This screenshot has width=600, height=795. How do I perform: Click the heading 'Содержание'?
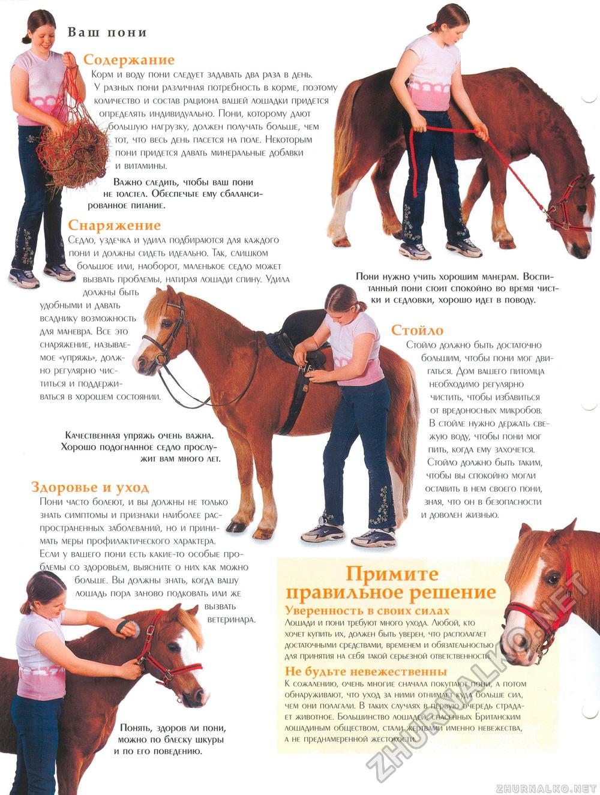pos(129,59)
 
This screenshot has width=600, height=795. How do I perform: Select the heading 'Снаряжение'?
pos(114,225)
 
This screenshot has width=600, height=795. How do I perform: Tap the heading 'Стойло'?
pos(417,330)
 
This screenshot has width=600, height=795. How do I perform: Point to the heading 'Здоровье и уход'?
pos(90,487)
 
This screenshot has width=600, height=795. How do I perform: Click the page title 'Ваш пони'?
pos(107,32)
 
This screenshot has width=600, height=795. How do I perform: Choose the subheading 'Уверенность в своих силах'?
pos(367,611)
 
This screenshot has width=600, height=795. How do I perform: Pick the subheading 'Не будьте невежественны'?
pos(366,671)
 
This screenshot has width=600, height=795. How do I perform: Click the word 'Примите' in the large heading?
pos(392,574)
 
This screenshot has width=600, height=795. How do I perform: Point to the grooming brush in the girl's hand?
pos(128,629)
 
